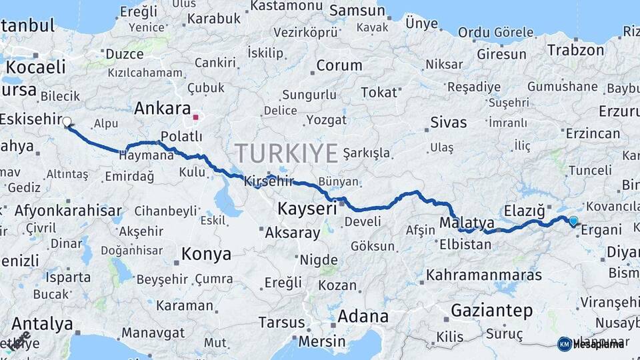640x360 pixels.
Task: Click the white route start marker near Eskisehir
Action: [x=67, y=121]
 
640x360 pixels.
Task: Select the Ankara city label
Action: [x=163, y=108]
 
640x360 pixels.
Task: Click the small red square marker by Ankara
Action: [x=195, y=118]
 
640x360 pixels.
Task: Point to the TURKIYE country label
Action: [x=286, y=154]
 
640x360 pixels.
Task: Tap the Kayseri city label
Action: [x=307, y=209]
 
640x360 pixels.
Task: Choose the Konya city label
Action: [x=206, y=254]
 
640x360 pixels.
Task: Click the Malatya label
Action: [x=467, y=222]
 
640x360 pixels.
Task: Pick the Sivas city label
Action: [x=449, y=123]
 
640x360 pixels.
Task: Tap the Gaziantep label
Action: [x=492, y=310]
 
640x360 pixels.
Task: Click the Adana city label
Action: [x=363, y=316]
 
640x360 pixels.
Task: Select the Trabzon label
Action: [x=575, y=50]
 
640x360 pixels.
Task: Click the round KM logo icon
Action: [x=564, y=343]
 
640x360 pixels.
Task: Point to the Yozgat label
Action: [x=326, y=120]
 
